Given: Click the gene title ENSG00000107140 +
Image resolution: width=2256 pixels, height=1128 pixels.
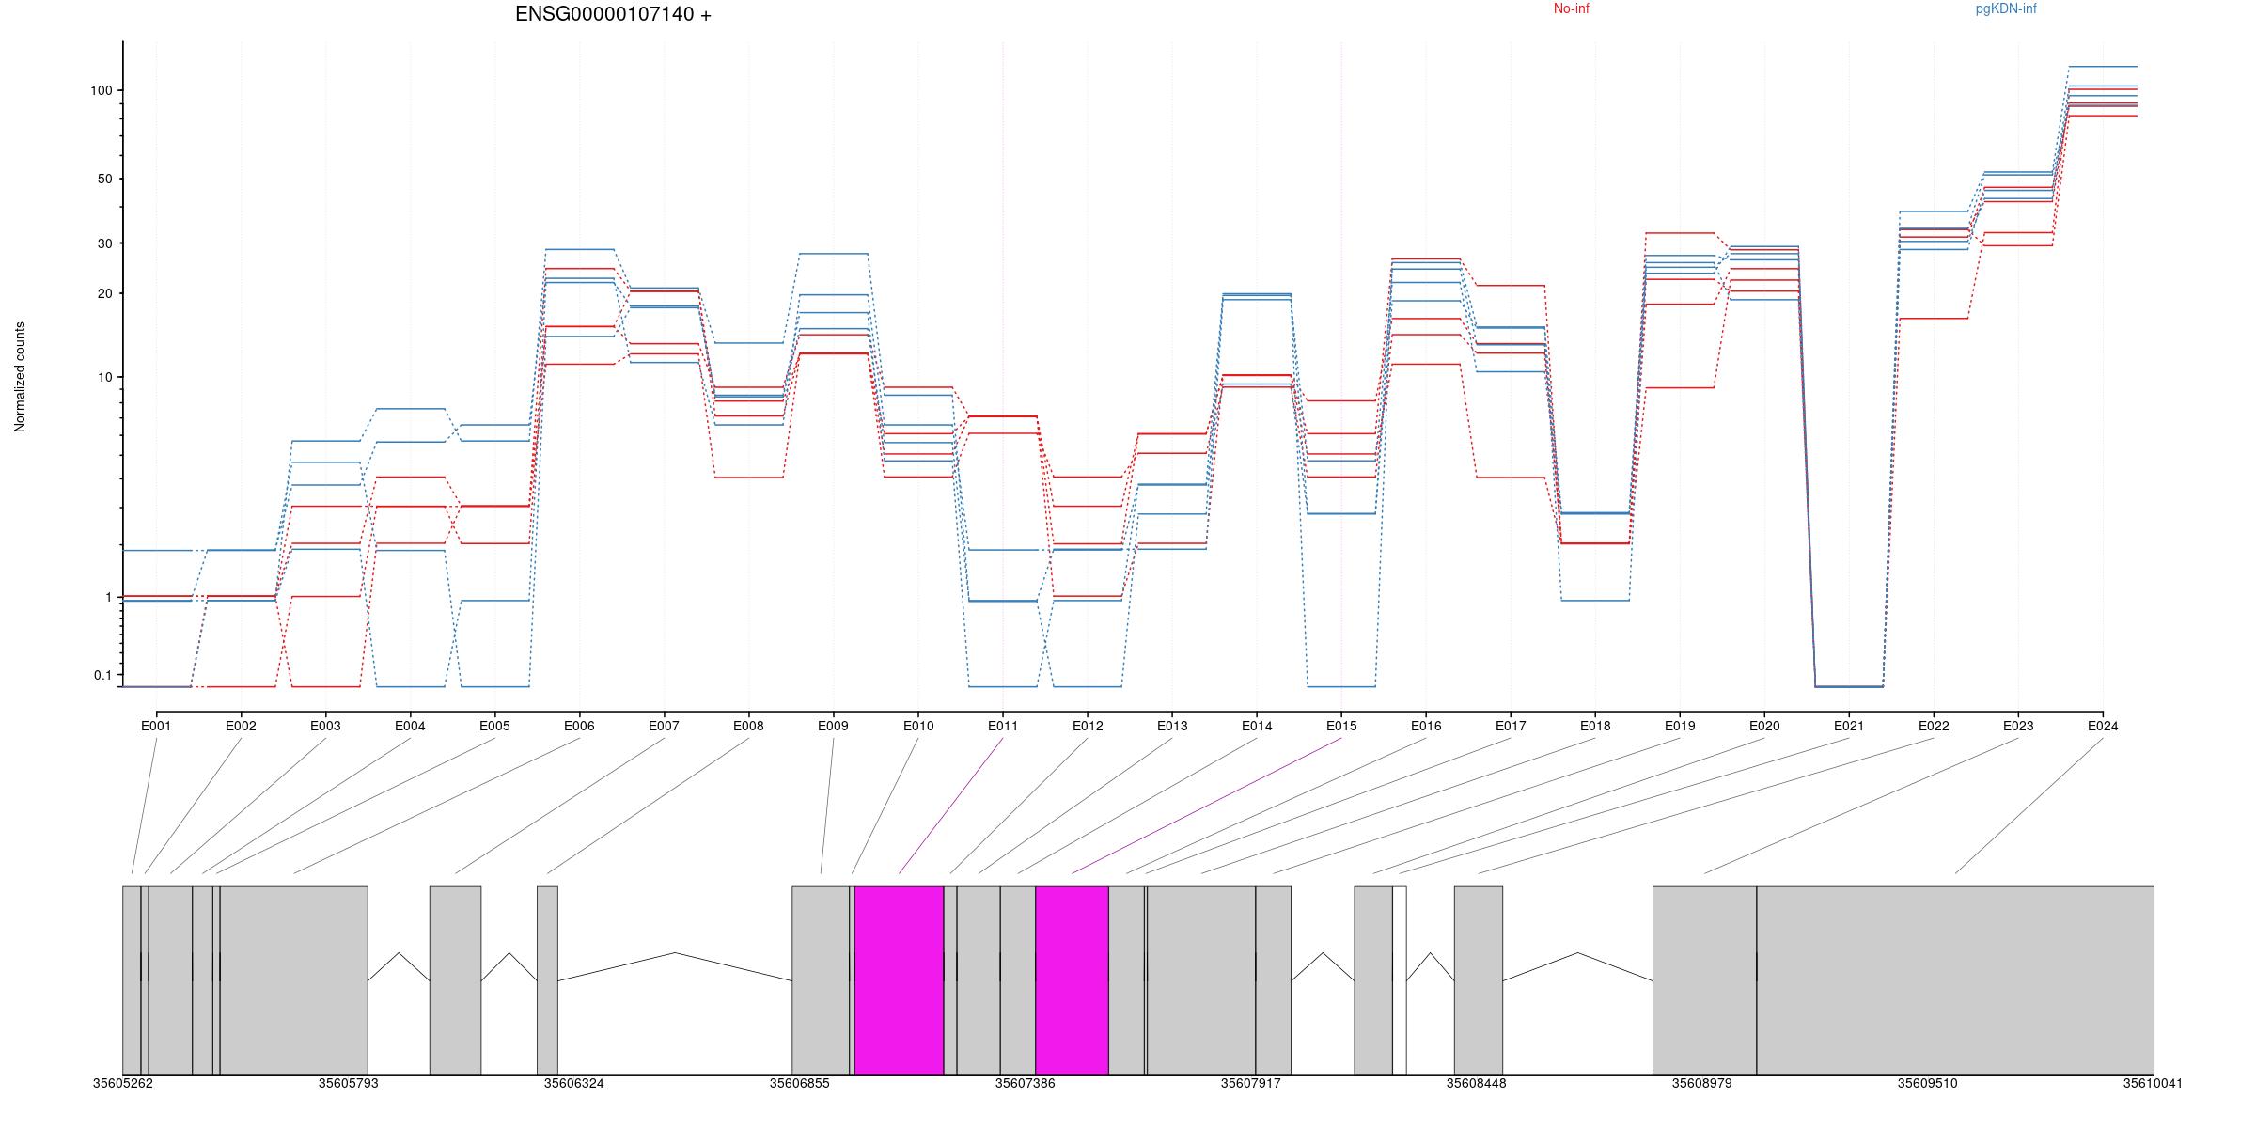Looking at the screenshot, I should click(x=613, y=15).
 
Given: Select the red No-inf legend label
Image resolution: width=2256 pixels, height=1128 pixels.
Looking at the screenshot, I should click(x=1571, y=9).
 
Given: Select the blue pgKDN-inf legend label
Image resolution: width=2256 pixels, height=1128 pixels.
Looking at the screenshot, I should click(x=2005, y=9).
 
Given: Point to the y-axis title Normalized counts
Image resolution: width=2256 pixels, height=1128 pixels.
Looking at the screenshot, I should click(x=21, y=377).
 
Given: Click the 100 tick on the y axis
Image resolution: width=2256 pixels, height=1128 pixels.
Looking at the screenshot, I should click(x=102, y=91).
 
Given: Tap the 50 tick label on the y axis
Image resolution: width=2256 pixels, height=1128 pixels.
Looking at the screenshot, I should click(x=103, y=180).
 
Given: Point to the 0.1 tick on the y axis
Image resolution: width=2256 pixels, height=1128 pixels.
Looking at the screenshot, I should click(x=102, y=676).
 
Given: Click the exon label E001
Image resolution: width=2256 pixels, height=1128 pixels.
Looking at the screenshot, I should click(x=156, y=727).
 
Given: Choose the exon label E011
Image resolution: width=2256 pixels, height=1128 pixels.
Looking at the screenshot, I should click(x=1002, y=727).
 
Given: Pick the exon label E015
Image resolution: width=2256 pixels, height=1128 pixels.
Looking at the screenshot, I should click(x=1340, y=727).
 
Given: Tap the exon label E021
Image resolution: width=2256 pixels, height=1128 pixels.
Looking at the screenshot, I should click(x=1848, y=727).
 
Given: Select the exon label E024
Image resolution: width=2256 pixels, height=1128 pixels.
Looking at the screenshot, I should click(x=2102, y=727).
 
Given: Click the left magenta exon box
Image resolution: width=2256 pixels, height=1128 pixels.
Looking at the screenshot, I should click(x=899, y=979).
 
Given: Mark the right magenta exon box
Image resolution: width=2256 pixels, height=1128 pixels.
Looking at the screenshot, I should click(x=1072, y=979).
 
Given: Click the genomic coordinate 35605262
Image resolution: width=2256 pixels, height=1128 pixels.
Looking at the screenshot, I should click(x=122, y=1084).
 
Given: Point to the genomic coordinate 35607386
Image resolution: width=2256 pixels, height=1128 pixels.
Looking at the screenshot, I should click(x=1025, y=1084).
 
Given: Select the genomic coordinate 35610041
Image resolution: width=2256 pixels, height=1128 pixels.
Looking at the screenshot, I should click(x=2152, y=1084).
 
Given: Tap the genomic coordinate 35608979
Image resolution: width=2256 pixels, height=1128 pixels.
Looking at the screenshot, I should click(x=1701, y=1084).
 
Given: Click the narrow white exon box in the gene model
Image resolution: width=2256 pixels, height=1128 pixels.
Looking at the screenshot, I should click(x=1400, y=979).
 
